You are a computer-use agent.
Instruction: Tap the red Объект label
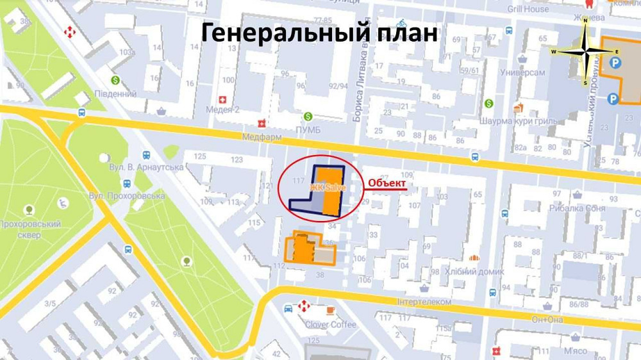387,184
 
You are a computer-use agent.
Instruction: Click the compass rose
585,51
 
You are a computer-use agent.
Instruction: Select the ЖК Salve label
327,187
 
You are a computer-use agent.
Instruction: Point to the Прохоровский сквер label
30,229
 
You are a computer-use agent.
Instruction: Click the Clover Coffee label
330,324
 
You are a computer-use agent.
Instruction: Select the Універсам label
524,73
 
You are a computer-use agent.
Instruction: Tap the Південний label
115,94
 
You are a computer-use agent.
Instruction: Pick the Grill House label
528,9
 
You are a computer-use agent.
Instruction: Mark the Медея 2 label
222,110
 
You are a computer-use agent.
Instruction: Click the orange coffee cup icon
330,310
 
